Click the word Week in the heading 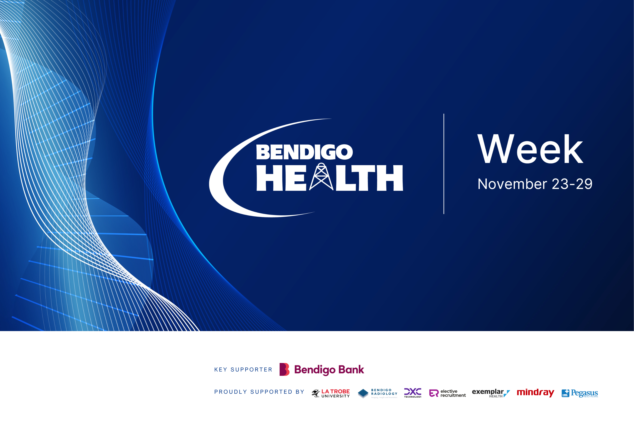(530, 149)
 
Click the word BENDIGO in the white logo (304, 152)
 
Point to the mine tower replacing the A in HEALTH (321, 177)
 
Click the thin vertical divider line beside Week (444, 164)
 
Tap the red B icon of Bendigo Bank (284, 369)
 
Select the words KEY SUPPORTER (243, 370)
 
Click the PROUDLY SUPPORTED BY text (259, 392)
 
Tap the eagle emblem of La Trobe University (316, 393)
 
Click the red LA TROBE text (335, 391)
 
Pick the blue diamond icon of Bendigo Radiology (363, 393)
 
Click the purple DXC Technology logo (413, 393)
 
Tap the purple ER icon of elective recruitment (434, 393)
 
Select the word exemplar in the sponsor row (488, 392)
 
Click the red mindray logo (535, 393)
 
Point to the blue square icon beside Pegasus (565, 393)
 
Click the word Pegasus (584, 393)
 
